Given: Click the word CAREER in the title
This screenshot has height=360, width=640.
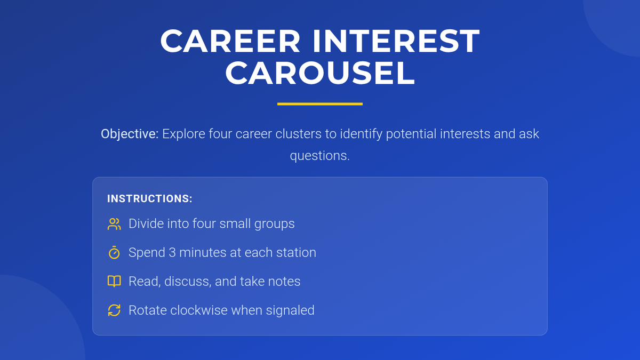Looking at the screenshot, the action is (x=230, y=41).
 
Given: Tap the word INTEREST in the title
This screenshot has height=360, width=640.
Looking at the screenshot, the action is (x=396, y=41).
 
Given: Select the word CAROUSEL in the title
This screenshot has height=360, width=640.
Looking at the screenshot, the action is (x=320, y=73).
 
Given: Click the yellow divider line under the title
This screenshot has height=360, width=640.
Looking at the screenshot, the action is (x=320, y=104).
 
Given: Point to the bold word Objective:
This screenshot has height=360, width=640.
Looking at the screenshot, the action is (x=130, y=134).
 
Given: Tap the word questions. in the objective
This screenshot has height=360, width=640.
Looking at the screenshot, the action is (x=320, y=156).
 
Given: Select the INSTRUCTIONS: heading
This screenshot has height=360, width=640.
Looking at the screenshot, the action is (x=150, y=198).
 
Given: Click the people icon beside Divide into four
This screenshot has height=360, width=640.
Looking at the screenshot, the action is (x=114, y=224).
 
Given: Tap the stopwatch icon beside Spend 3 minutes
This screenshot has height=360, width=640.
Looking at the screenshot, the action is (x=114, y=253).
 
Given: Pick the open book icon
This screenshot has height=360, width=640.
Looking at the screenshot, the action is (x=114, y=282).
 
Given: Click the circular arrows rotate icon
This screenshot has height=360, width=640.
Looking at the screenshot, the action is (x=114, y=310).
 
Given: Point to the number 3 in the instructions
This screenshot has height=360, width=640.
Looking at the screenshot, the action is (x=172, y=253).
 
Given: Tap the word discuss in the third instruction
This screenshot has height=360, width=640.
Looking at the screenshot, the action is (x=188, y=282).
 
